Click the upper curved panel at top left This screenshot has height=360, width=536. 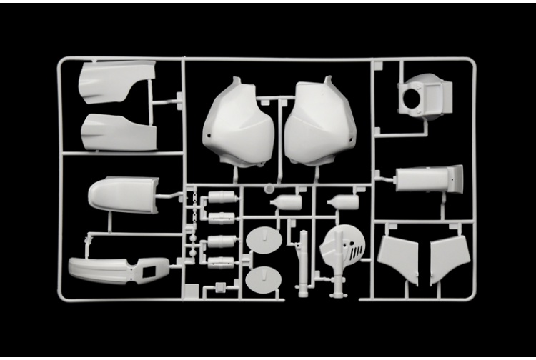[x=114, y=80]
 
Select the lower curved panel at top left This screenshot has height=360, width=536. [x=118, y=132]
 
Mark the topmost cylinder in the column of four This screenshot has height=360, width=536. [x=223, y=196]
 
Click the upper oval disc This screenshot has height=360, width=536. [x=264, y=239]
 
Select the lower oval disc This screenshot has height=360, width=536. [x=264, y=278]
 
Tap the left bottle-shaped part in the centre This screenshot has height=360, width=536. [x=288, y=203]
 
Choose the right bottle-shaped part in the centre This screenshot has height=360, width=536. [x=347, y=202]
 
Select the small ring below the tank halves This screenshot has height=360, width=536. [x=269, y=189]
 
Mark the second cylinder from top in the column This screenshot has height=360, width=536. [x=222, y=218]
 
